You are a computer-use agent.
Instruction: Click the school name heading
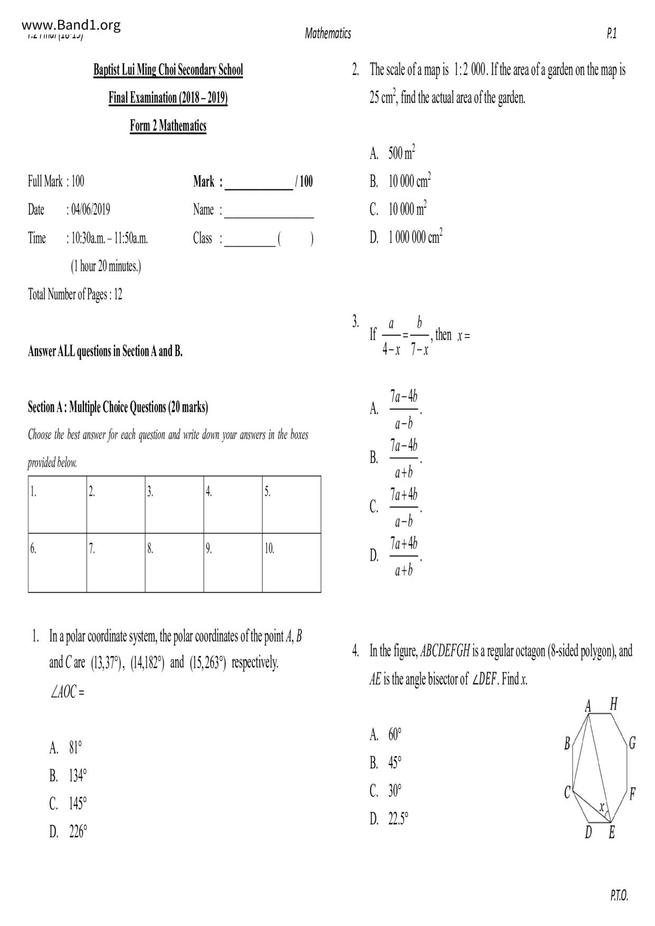pos(168,70)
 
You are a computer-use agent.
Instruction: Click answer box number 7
pos(116,562)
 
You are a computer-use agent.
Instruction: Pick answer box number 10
pos(291,562)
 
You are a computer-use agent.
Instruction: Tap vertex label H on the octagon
pos(613,704)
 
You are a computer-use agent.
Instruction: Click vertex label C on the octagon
pos(567,792)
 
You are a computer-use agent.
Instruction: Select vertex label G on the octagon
pos(632,743)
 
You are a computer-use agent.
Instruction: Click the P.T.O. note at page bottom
pos(619,895)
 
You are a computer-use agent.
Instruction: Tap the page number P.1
pos(612,34)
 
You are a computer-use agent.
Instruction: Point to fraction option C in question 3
pos(404,508)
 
